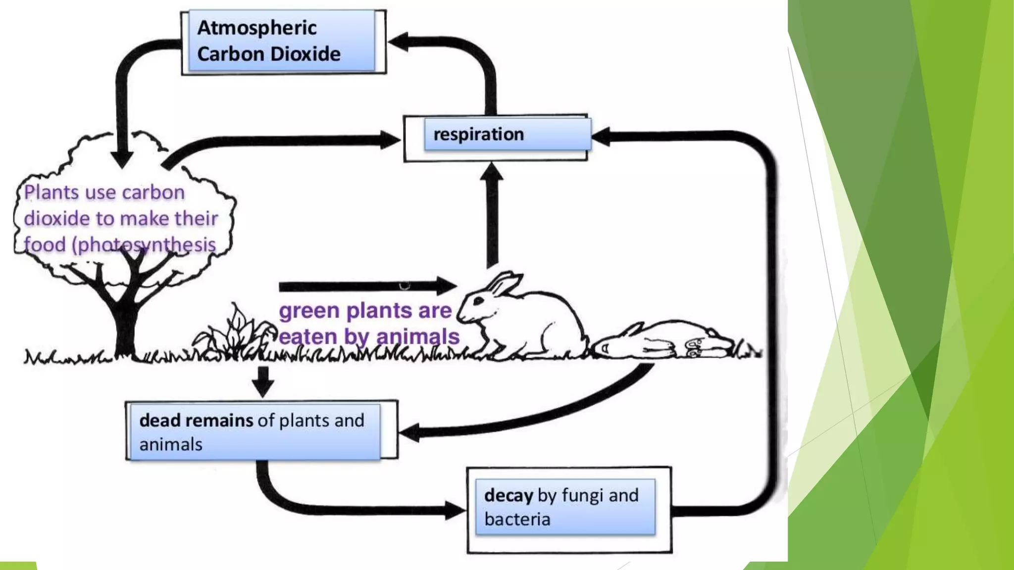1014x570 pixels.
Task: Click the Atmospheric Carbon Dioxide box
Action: (282, 42)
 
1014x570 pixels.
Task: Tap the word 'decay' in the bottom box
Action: (508, 495)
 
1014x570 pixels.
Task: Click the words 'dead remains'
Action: (196, 421)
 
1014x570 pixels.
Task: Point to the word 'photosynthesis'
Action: (147, 245)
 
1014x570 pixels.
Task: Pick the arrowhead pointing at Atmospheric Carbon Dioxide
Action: (399, 42)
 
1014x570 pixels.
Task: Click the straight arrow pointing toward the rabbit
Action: (366, 286)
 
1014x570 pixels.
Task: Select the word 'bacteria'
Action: (517, 520)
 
